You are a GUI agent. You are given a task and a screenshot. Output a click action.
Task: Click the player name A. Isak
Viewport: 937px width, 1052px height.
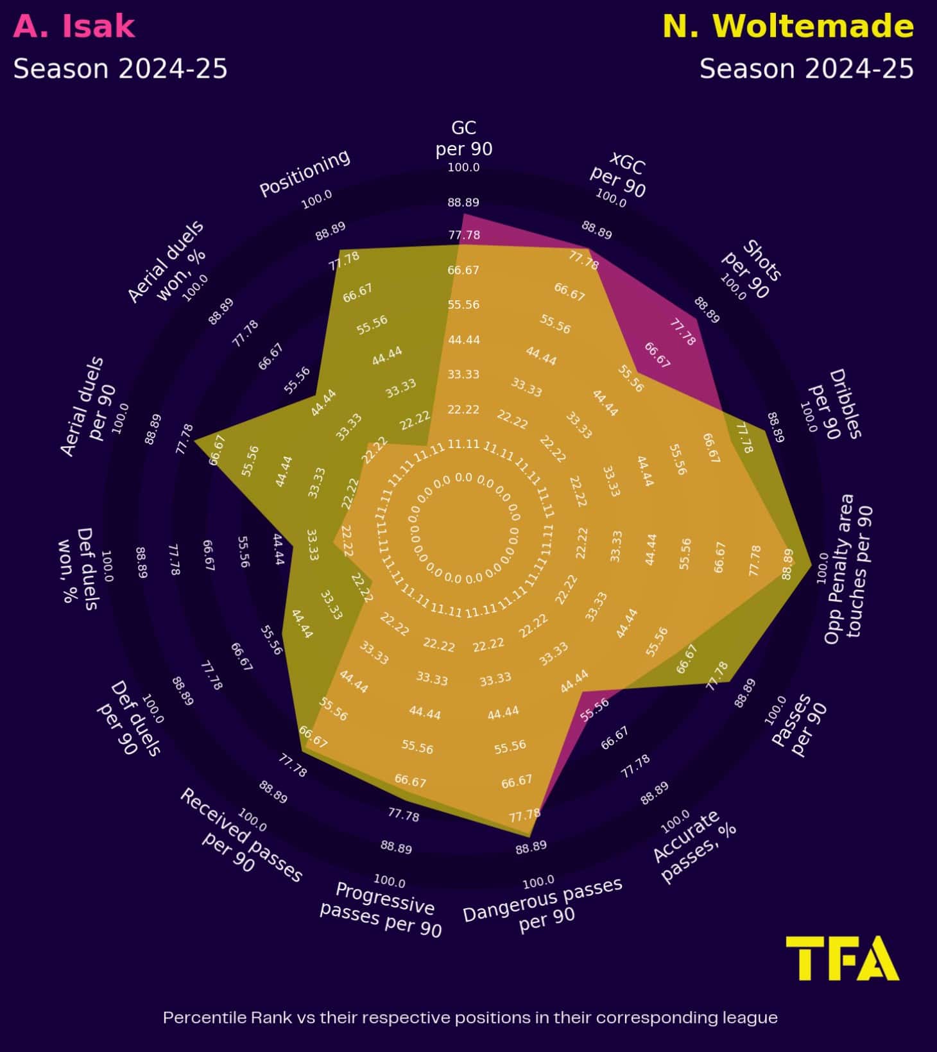tap(74, 27)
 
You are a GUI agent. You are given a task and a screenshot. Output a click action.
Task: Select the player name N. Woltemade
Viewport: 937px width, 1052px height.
tap(787, 27)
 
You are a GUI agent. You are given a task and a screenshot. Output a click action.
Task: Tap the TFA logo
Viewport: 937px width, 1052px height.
tap(842, 958)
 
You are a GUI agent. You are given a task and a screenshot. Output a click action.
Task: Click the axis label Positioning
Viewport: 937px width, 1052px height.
tap(305, 173)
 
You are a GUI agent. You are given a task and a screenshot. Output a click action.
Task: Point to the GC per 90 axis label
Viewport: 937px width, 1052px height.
tap(463, 138)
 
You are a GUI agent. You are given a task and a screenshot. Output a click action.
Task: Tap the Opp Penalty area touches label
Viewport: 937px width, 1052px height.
tap(848, 569)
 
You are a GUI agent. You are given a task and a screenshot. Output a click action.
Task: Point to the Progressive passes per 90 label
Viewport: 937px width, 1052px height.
tap(383, 910)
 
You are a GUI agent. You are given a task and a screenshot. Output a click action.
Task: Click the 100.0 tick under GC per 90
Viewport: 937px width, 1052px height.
tap(463, 168)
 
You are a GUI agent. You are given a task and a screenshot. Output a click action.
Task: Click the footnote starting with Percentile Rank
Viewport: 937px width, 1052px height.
tap(470, 1017)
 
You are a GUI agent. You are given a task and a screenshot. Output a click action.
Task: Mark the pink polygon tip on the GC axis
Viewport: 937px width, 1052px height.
tap(463, 214)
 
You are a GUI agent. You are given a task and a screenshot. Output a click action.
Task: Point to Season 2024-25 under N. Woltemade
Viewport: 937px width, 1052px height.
tap(806, 69)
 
